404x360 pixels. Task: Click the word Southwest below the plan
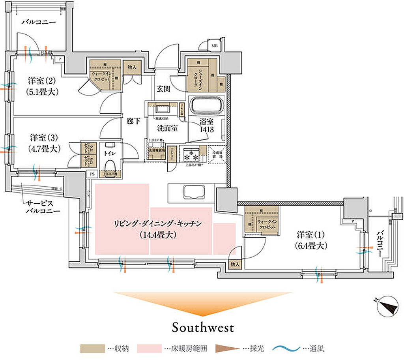203,327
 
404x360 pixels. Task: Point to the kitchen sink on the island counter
193,193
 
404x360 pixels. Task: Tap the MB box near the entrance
215,45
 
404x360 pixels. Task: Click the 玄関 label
164,89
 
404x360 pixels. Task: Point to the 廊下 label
134,121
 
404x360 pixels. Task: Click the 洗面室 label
167,128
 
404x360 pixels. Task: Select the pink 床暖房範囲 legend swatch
150,349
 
